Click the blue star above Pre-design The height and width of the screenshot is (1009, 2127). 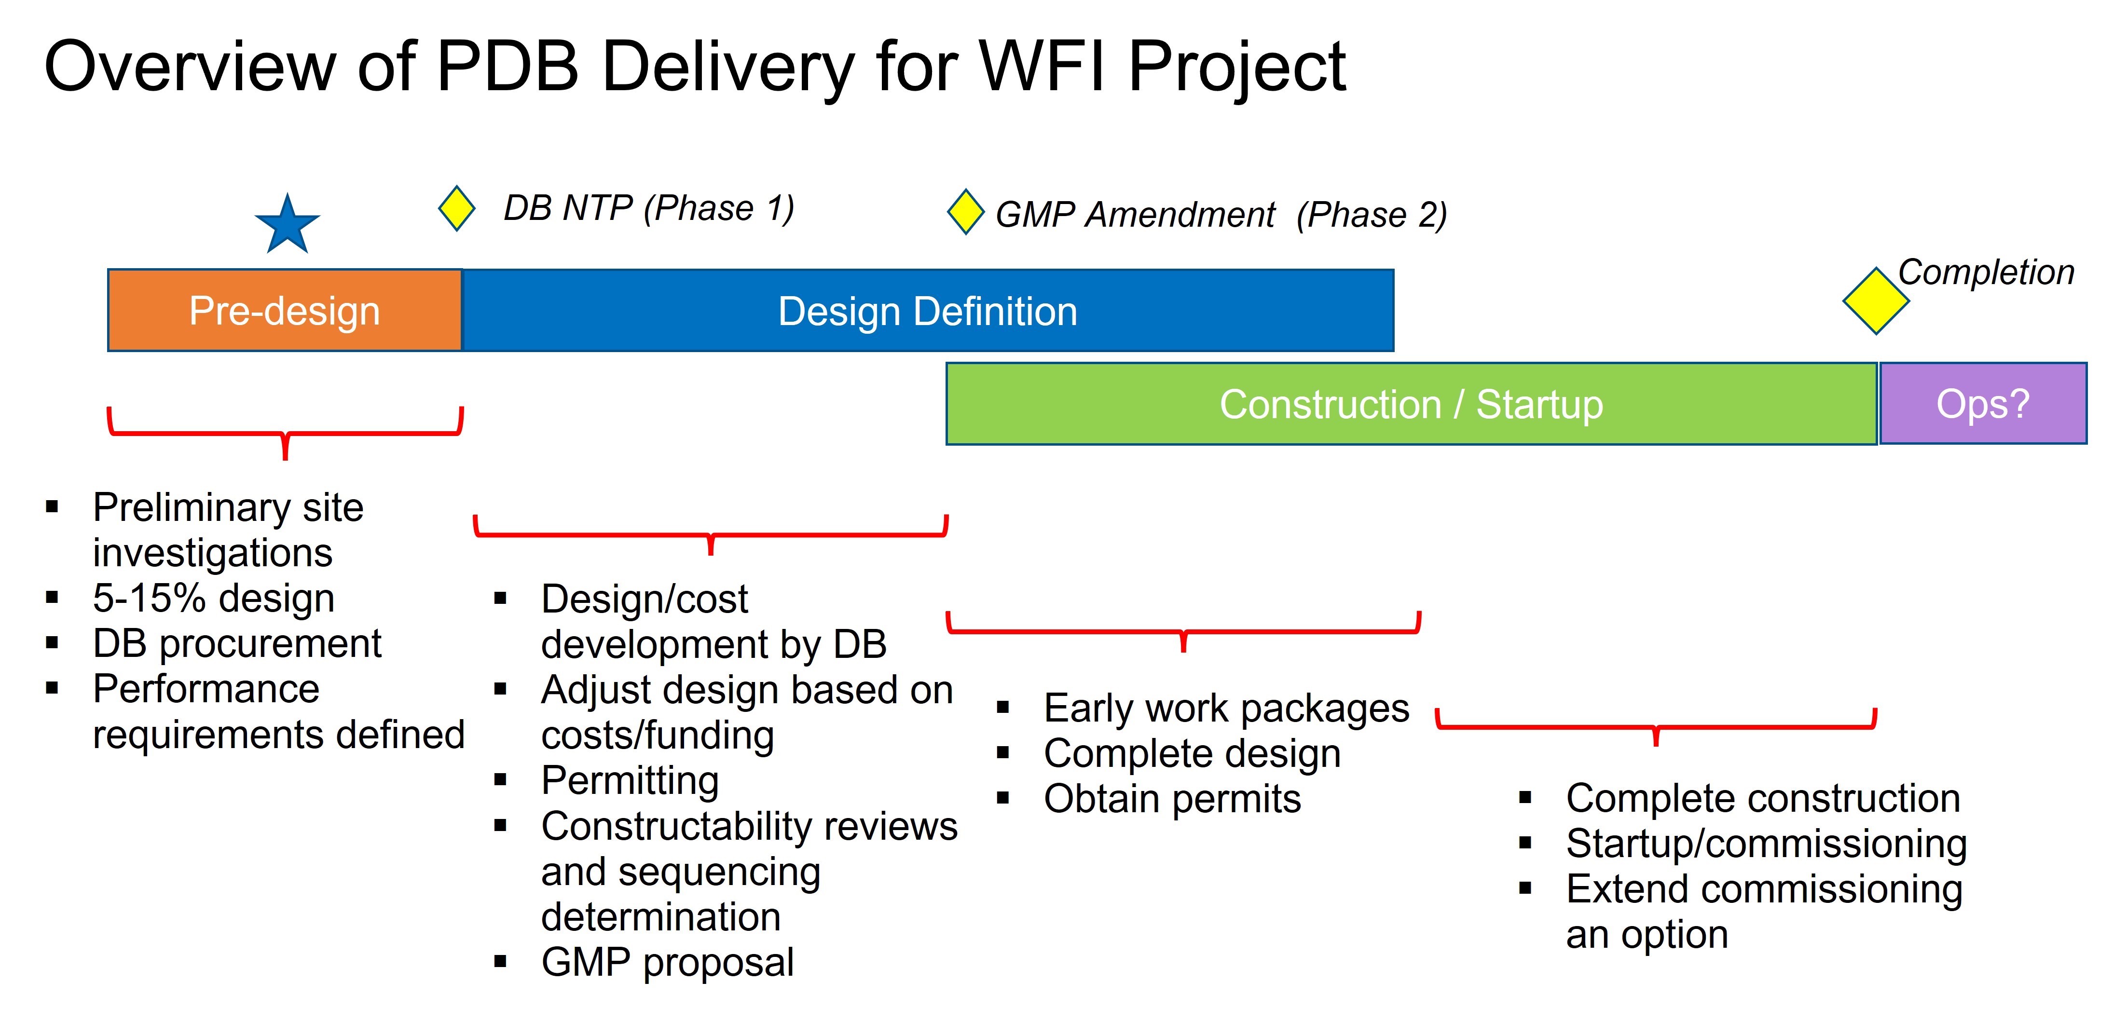(x=287, y=225)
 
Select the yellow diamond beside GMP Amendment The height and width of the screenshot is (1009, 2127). (x=965, y=212)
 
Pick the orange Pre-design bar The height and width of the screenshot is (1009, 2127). (x=284, y=311)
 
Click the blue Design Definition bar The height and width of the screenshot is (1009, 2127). (x=927, y=311)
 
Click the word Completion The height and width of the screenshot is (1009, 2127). (x=1985, y=273)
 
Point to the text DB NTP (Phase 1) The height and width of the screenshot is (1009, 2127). (x=649, y=208)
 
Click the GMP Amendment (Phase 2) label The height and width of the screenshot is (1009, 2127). (x=1221, y=215)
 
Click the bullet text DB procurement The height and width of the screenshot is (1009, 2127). (x=236, y=643)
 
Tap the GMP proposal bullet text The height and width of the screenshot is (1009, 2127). (x=667, y=962)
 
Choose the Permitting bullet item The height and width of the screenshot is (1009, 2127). (x=629, y=780)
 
